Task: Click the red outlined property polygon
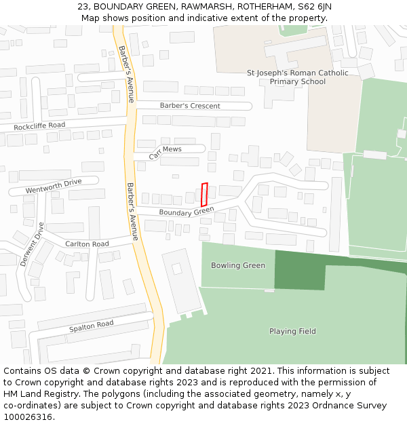(x=204, y=195)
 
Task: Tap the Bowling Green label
(x=237, y=265)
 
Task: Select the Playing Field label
(x=292, y=331)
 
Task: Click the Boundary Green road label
(x=187, y=212)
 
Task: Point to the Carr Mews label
(x=166, y=152)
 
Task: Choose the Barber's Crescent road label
(x=190, y=106)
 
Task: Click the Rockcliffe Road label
(x=39, y=126)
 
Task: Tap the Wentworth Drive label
(x=54, y=186)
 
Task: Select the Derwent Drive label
(x=31, y=244)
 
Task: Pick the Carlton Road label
(x=87, y=244)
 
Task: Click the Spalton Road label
(x=91, y=326)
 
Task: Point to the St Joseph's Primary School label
(x=297, y=77)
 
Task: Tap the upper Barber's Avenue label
(x=126, y=74)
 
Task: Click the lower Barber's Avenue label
(x=132, y=211)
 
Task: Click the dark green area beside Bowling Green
(x=298, y=270)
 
